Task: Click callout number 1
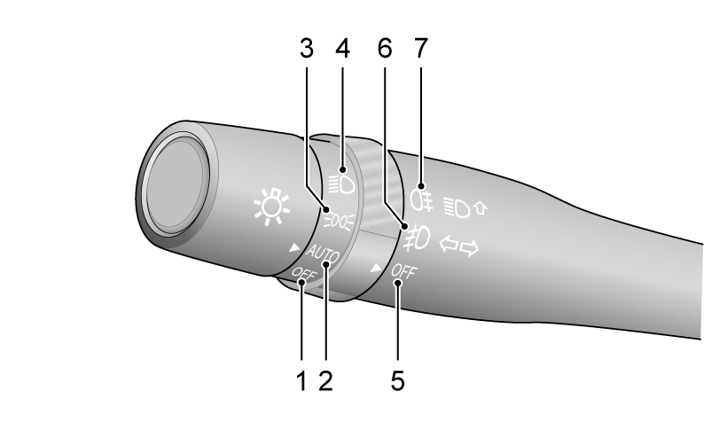pyautogui.click(x=301, y=381)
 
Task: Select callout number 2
pyautogui.click(x=325, y=381)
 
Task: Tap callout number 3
pyautogui.click(x=307, y=48)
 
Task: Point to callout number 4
pyautogui.click(x=342, y=48)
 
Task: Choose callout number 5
pyautogui.click(x=398, y=381)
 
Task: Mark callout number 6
pyautogui.click(x=385, y=48)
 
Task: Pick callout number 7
pyautogui.click(x=420, y=48)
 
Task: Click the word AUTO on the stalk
pyautogui.click(x=323, y=254)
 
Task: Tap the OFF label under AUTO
pyautogui.click(x=304, y=275)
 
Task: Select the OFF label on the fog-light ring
pyautogui.click(x=403, y=272)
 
